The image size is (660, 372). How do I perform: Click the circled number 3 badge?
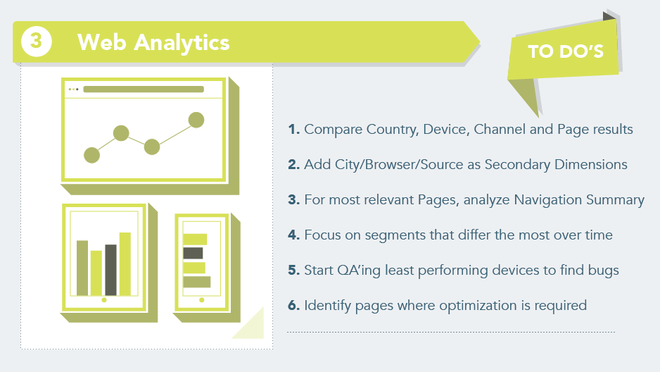[x=36, y=42]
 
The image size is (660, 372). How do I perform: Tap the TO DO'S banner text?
[x=566, y=51]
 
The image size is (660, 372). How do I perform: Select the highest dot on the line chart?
[x=196, y=120]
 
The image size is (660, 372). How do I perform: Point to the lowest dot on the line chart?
[x=91, y=155]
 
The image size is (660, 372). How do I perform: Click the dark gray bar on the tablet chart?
[x=110, y=270]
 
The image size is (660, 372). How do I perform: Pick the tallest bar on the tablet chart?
[x=125, y=263]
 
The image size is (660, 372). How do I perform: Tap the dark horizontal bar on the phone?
[x=193, y=253]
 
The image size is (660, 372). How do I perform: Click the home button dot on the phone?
[x=202, y=300]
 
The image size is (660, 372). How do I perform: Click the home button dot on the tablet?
[x=104, y=300]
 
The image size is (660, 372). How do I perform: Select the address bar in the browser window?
[x=144, y=89]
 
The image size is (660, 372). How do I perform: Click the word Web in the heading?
[x=102, y=42]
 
